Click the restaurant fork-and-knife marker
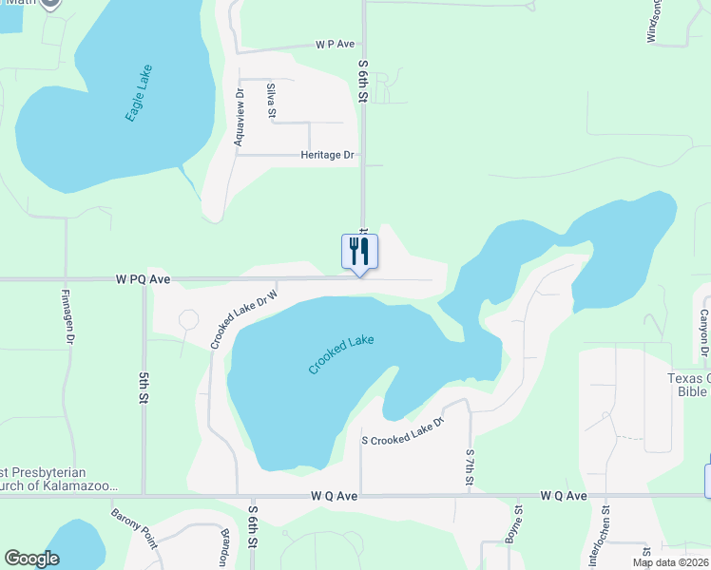coord(359,253)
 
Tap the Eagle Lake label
coord(139,92)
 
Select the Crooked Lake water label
coord(340,354)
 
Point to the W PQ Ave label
coord(143,279)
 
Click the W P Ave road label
coord(336,44)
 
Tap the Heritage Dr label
coord(327,155)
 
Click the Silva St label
coord(271,101)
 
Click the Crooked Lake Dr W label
coord(243,317)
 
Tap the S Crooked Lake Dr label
coord(403,431)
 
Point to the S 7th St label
coord(470,469)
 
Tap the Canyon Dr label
coord(705,333)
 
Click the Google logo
coord(31,559)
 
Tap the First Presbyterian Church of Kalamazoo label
coord(57,479)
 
